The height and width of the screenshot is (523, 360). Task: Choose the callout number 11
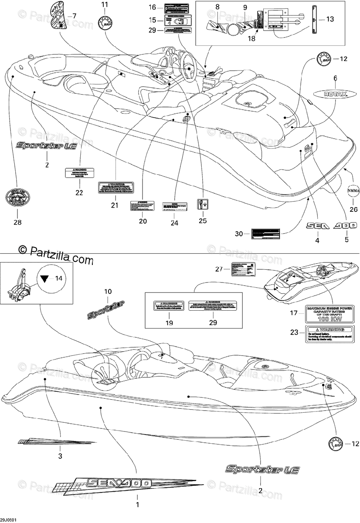104,5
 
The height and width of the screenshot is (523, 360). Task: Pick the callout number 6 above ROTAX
335,78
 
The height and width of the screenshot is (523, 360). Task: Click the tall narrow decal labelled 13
315,20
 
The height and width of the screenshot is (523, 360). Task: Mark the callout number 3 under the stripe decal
60,456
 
